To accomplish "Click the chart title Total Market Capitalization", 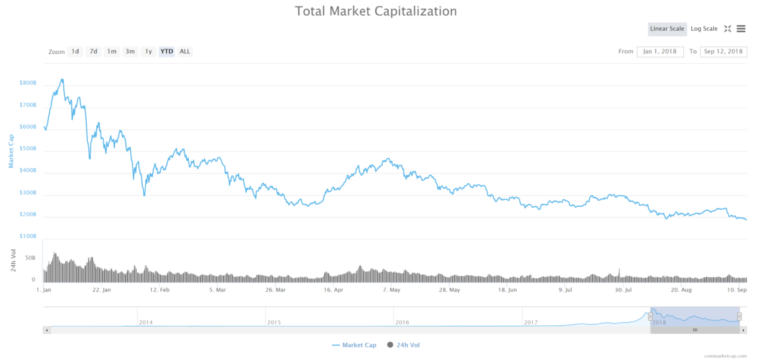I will tap(376, 11).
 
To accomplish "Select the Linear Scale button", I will tap(667, 29).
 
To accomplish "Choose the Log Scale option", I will tap(704, 29).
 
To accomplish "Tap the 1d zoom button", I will tap(75, 51).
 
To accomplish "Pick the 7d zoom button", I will tap(93, 51).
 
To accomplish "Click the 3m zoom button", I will tap(130, 51).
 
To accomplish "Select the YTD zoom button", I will tap(167, 51).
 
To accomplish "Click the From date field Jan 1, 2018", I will tap(660, 51).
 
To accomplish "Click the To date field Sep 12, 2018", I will tap(723, 51).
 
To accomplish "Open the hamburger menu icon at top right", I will tap(741, 29).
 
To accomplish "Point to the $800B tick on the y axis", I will tap(28, 83).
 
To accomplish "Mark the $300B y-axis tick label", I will tap(28, 193).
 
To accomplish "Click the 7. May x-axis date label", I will tap(391, 291).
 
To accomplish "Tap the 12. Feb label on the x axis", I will tap(160, 291).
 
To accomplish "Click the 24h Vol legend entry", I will tap(404, 345).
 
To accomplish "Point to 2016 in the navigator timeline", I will tap(402, 323).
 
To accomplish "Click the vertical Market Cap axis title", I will tap(11, 151).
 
